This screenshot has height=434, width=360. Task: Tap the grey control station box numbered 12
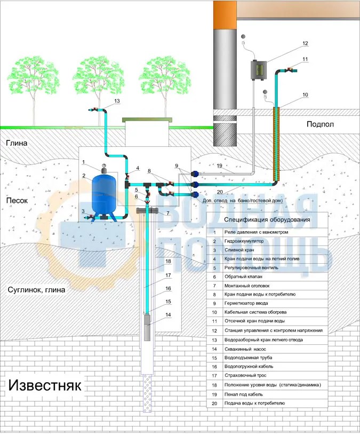coord(259,70)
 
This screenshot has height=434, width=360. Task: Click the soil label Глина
coord(17,143)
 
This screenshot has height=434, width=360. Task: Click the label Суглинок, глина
coord(37,290)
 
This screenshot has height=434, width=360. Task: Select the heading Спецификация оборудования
coord(267,220)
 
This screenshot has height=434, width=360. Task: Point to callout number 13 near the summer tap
coord(117,101)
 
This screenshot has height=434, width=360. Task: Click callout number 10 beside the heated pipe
coord(305,95)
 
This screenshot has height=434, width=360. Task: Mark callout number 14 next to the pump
coord(167,315)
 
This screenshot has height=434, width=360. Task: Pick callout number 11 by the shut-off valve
coord(305,59)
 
